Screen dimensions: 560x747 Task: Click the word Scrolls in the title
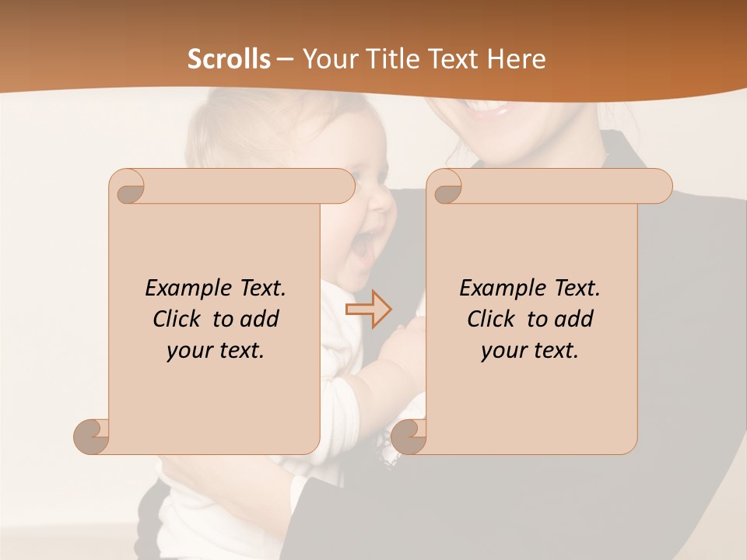230,59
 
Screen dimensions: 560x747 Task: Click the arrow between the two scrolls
368,309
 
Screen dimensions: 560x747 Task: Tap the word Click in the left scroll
180,319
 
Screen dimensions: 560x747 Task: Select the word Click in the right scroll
494,319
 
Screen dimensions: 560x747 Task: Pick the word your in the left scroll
188,351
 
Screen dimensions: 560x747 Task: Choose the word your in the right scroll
502,351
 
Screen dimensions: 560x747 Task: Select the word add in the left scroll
261,319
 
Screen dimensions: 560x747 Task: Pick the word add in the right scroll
575,319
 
